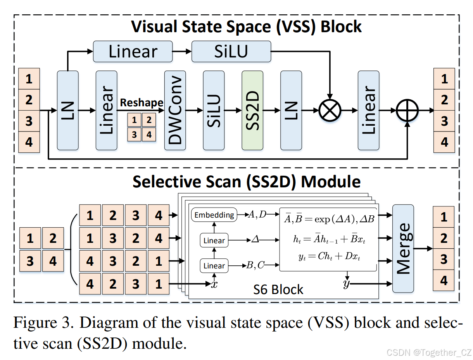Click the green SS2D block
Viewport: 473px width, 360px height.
[x=252, y=110]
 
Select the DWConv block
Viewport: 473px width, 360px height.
[x=175, y=110]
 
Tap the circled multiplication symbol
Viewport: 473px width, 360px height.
[x=330, y=111]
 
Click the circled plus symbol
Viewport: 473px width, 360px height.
[x=407, y=111]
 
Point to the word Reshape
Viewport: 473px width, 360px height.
[x=142, y=103]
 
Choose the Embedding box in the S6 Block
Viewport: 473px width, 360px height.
[x=214, y=215]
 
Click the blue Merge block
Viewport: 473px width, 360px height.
[x=403, y=248]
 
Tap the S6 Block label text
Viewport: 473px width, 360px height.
[x=278, y=289]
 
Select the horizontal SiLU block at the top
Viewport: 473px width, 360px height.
[x=231, y=52]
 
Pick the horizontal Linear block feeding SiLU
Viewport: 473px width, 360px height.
[x=133, y=52]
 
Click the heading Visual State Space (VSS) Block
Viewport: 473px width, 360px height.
[x=247, y=27]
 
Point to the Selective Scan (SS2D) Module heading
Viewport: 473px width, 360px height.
[x=247, y=182]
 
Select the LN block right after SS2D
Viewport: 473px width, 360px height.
[x=291, y=110]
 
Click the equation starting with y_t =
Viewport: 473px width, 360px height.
[x=329, y=257]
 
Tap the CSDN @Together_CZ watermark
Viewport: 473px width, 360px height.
[x=429, y=352]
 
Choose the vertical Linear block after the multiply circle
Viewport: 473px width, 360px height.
[x=368, y=110]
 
